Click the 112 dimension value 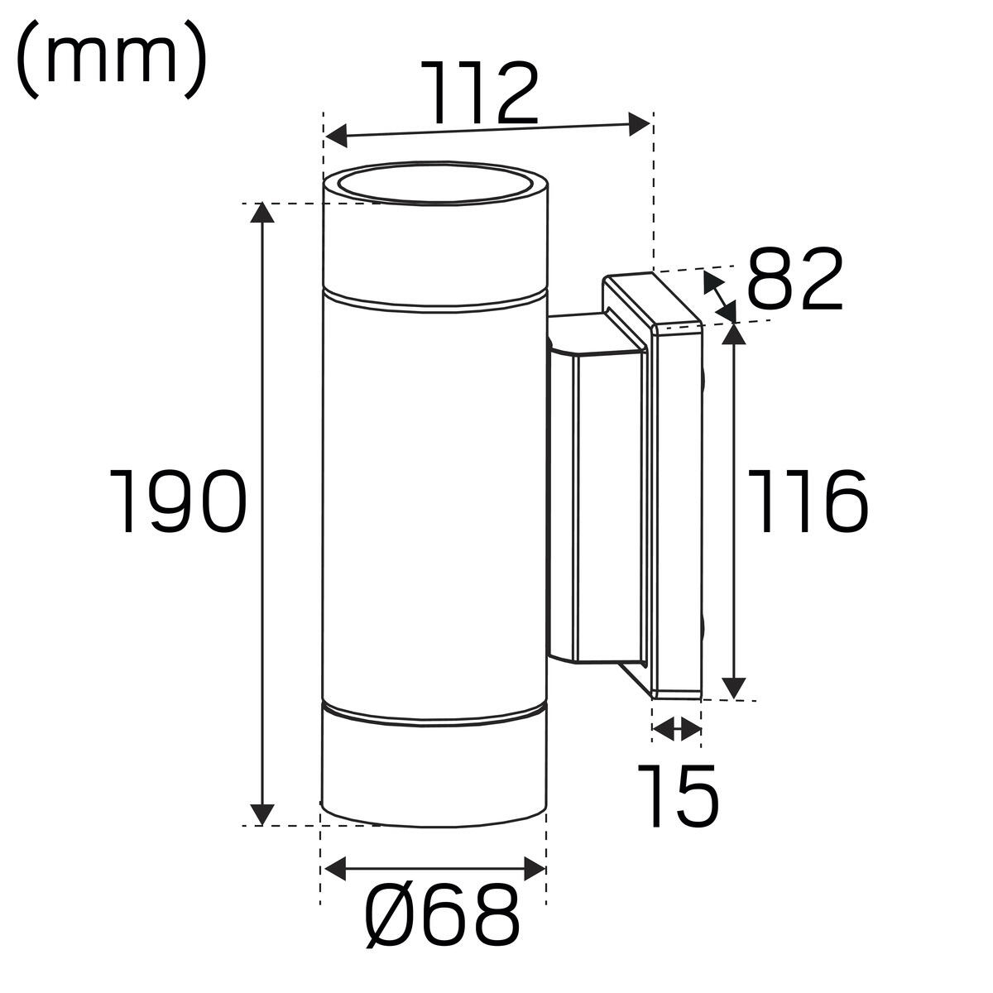click(x=480, y=94)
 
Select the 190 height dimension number click(x=178, y=500)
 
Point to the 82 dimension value click(x=794, y=278)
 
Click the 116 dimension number click(x=808, y=501)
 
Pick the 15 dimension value click(x=678, y=795)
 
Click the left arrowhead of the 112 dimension click(x=337, y=136)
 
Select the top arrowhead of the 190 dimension click(x=261, y=213)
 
